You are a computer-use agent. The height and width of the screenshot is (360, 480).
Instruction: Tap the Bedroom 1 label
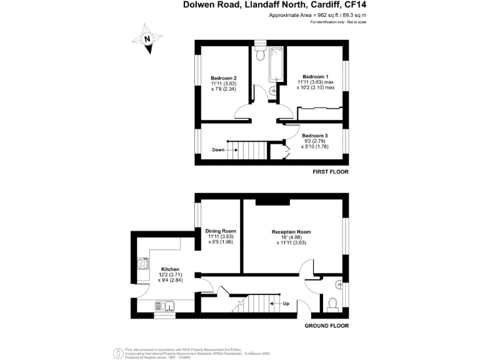point(315,76)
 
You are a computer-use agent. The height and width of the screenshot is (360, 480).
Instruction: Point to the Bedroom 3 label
point(315,136)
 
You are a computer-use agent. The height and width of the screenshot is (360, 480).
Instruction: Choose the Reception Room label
point(291,232)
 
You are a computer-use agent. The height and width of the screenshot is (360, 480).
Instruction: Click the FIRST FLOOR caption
point(331,171)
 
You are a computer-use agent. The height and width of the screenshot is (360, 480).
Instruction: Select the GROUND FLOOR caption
point(326,326)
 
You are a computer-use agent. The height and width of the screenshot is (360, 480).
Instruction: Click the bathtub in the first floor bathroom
point(275,67)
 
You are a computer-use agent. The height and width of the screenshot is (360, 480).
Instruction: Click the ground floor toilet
point(333,304)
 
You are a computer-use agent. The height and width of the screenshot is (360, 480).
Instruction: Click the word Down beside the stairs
point(218,150)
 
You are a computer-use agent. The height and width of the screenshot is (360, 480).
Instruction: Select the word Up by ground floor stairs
point(286,304)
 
